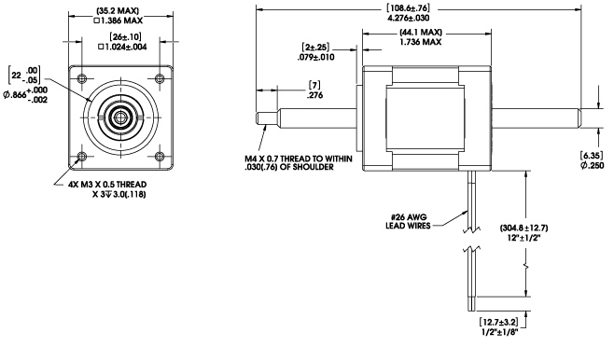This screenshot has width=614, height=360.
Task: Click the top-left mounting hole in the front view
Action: coord(82,78)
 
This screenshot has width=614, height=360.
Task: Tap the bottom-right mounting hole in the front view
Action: coord(160,157)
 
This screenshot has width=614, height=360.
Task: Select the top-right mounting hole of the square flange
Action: coord(160,78)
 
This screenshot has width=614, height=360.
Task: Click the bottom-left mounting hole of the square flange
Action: coord(82,157)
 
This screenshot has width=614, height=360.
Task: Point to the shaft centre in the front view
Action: coord(121,117)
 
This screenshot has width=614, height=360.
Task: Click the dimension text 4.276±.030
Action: coord(408,18)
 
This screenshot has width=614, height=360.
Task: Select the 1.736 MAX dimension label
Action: coord(420,42)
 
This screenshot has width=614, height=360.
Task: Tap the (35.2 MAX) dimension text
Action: coord(118,11)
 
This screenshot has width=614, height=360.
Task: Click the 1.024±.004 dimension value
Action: coord(122,47)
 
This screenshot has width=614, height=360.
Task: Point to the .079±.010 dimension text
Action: coord(315,57)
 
